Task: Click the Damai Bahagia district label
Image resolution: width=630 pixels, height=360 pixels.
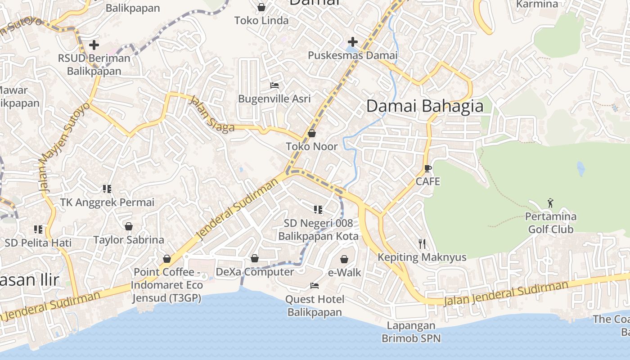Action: [x=425, y=106]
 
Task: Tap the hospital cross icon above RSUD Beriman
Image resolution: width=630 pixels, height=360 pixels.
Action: [x=94, y=45]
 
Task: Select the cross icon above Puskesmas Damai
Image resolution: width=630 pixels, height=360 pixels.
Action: [x=353, y=42]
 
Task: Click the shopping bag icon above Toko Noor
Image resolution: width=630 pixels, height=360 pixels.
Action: [x=311, y=134]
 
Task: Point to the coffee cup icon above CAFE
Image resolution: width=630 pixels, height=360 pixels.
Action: [x=427, y=169]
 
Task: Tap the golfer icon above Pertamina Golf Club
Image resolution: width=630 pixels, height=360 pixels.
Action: [x=550, y=203]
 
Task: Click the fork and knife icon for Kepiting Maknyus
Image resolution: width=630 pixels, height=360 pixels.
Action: [x=422, y=244]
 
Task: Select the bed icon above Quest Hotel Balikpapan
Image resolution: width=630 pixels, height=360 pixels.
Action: [x=315, y=286]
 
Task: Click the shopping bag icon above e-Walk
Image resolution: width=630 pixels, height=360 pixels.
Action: [x=344, y=259]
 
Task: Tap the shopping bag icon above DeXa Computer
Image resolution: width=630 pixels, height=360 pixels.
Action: [x=255, y=258]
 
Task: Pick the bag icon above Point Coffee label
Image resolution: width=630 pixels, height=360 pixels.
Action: [x=167, y=259]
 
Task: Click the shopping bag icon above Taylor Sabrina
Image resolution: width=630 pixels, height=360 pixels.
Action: [x=129, y=226]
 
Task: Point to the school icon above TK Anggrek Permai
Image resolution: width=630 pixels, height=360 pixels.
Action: [x=107, y=189]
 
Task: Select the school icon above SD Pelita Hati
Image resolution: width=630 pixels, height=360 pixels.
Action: [x=38, y=229]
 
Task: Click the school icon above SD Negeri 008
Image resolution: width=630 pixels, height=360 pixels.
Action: [x=318, y=209]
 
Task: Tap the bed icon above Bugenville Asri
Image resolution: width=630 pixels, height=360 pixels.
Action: [x=274, y=85]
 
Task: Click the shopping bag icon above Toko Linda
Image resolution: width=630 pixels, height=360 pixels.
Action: [x=261, y=7]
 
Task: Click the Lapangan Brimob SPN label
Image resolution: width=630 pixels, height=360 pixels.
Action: [x=411, y=332]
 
